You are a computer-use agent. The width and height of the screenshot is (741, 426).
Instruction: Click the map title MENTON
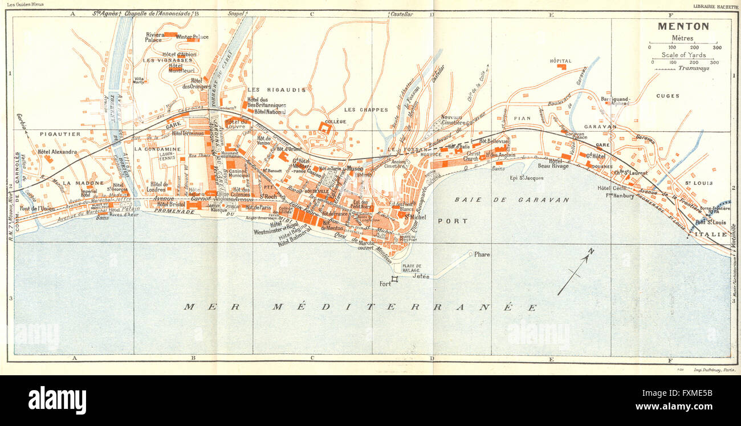point(683,26)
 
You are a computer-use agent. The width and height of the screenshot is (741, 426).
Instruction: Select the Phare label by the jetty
point(482,255)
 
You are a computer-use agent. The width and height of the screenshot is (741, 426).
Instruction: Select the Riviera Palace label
point(154,37)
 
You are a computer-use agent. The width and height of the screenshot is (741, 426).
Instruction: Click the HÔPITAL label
point(560,61)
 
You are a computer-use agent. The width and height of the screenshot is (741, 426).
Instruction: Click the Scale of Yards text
point(683,55)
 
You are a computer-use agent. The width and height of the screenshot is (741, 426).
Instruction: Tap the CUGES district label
point(667,96)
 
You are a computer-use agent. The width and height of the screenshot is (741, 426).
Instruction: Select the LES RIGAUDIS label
point(276,90)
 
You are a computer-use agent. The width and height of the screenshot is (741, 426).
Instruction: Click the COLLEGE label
point(336,121)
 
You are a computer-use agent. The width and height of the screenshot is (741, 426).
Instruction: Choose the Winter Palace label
point(192,37)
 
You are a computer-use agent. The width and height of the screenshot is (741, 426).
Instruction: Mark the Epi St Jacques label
point(526,178)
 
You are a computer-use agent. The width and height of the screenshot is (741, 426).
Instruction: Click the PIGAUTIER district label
point(60,134)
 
